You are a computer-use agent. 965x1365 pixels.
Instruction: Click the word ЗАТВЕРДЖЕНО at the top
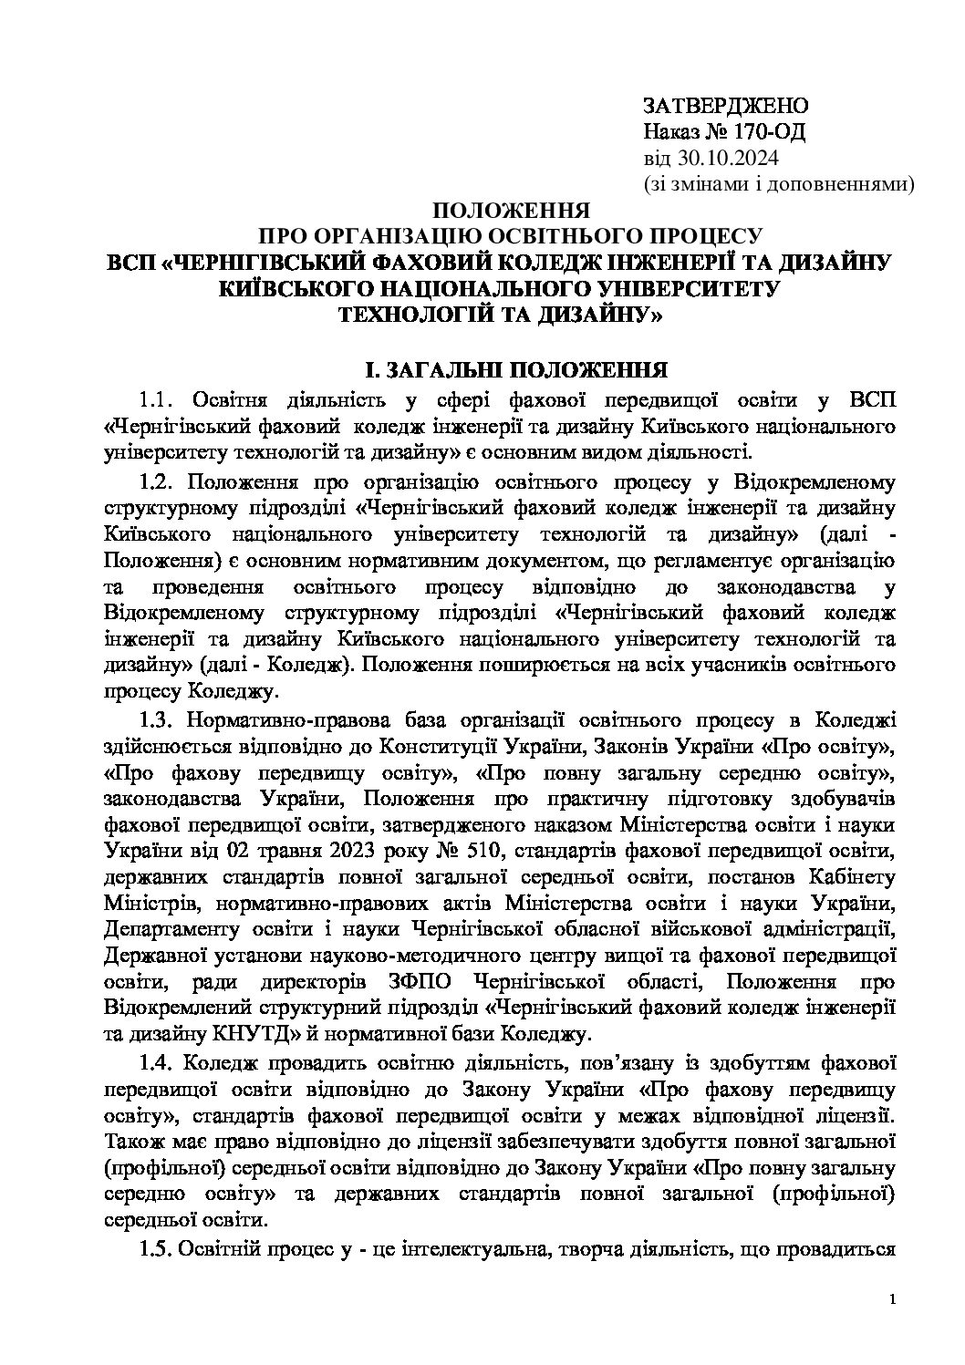coord(724,104)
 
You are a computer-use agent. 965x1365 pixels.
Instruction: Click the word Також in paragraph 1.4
coord(130,1141)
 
